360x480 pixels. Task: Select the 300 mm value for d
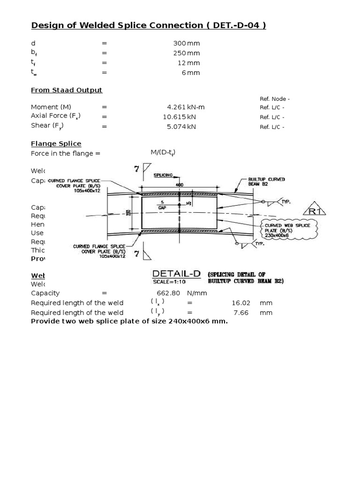click(x=187, y=43)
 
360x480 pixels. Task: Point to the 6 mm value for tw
click(x=191, y=73)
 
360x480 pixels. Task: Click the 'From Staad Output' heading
click(x=67, y=90)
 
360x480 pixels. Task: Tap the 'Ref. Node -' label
click(x=275, y=99)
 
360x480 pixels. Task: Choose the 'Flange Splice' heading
click(x=56, y=143)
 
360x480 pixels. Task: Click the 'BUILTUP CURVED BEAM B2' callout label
click(x=266, y=182)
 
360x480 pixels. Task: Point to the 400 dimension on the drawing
click(x=180, y=185)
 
